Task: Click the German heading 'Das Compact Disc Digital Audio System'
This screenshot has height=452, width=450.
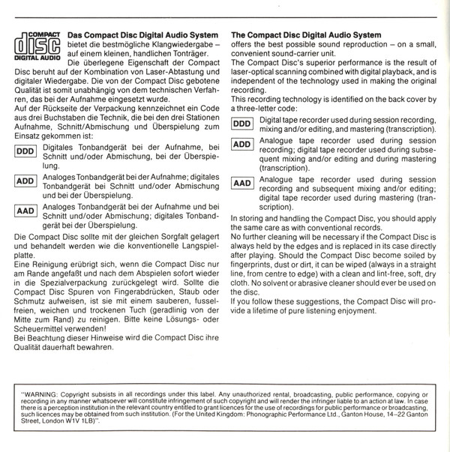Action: coord(142,35)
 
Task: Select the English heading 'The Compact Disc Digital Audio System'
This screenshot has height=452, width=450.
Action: coord(306,34)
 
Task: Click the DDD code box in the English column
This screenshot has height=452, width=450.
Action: coord(242,122)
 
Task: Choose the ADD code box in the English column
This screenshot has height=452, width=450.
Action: coord(242,143)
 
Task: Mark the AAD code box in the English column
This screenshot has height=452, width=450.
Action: coord(242,182)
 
